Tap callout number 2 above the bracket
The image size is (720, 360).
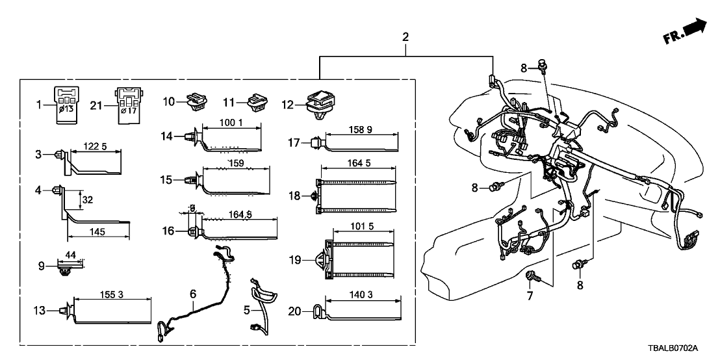405,37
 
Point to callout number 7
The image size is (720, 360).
529,296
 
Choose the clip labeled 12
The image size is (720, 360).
320,103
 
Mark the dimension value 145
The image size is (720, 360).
99,231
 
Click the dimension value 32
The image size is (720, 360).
88,199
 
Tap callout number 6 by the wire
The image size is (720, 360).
192,294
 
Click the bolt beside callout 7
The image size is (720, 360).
532,277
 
